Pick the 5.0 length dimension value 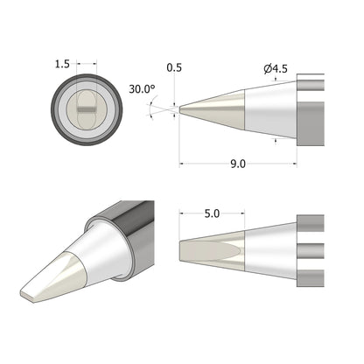point(211,213)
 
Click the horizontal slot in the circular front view point(86,108)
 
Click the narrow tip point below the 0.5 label point(180,109)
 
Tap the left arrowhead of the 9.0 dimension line point(181,164)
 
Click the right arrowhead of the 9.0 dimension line point(295,164)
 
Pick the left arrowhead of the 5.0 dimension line point(180,213)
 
